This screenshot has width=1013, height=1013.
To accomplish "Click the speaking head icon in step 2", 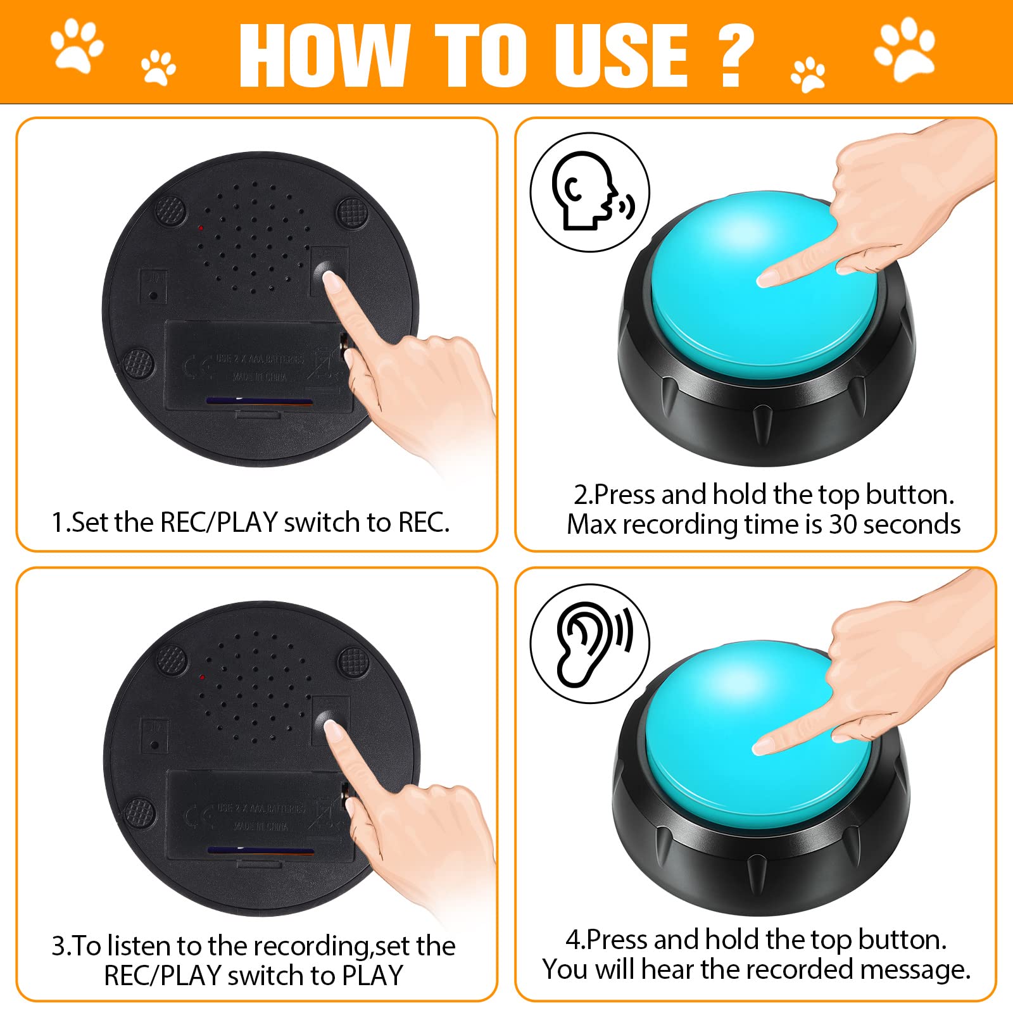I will pyautogui.click(x=589, y=192).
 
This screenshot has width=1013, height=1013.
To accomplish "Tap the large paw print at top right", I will pyautogui.click(x=905, y=48).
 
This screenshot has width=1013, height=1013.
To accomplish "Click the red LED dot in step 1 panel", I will pyautogui.click(x=200, y=227).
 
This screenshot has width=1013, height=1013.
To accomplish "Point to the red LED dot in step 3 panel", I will pyautogui.click(x=201, y=677).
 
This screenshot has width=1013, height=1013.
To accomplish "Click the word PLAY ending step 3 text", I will pyautogui.click(x=372, y=976).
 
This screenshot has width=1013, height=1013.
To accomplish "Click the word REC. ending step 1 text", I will pyautogui.click(x=424, y=523).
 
